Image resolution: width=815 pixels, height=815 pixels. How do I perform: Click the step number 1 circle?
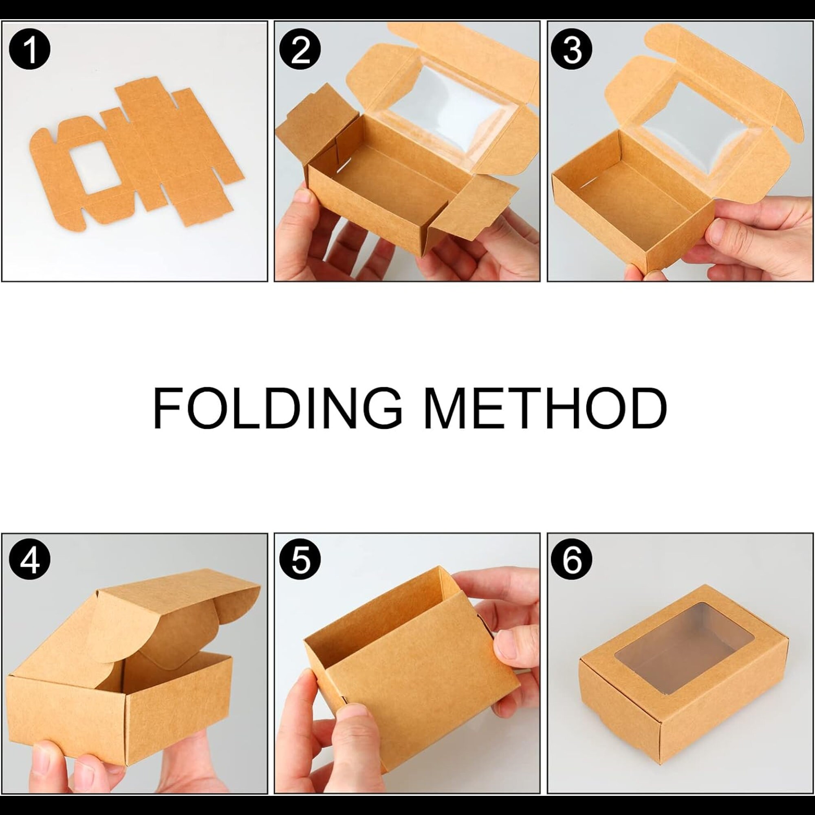pyautogui.click(x=29, y=50)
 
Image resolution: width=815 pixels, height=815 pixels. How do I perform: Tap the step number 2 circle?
pyautogui.click(x=300, y=50)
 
